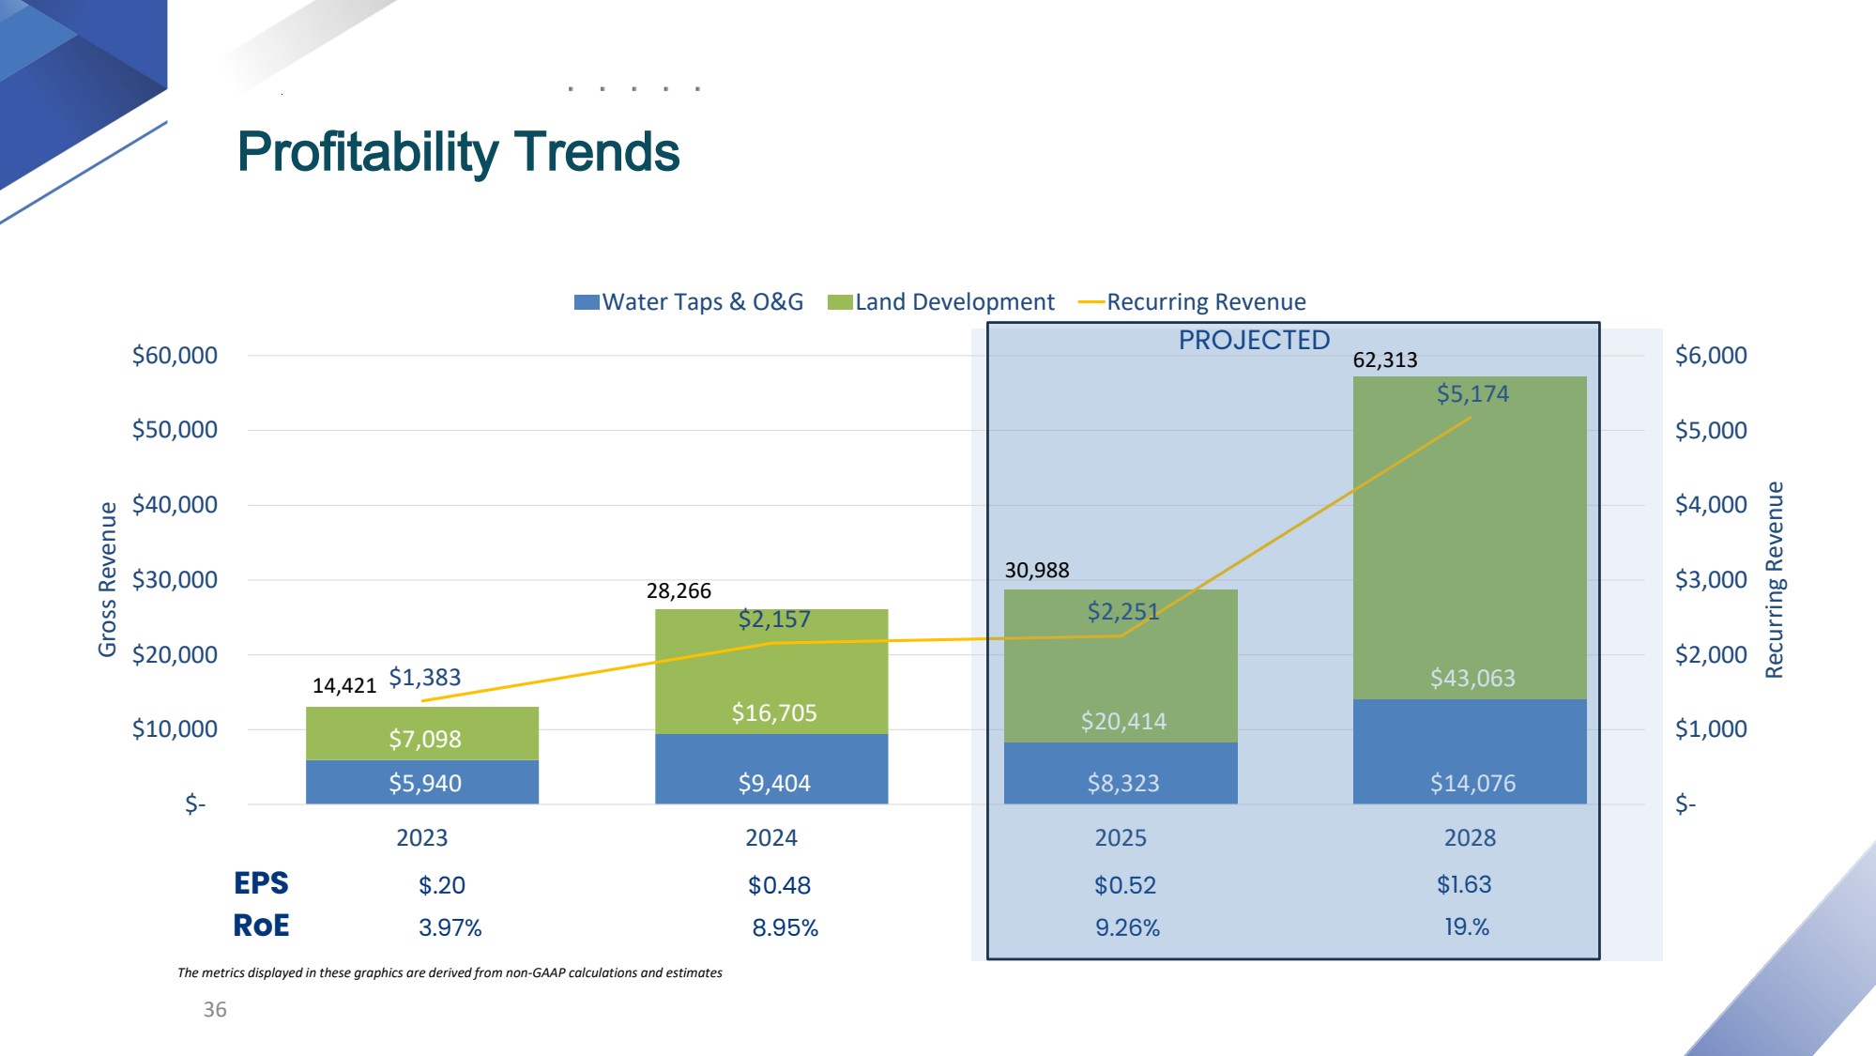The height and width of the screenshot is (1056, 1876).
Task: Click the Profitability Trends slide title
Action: [458, 152]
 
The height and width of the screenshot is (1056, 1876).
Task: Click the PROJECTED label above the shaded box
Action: [1254, 340]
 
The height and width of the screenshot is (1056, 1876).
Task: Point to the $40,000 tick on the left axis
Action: [175, 505]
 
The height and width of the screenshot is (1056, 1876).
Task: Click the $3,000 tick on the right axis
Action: [1710, 580]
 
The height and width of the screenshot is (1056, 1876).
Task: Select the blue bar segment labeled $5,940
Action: [424, 783]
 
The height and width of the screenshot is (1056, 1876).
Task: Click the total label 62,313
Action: [1384, 360]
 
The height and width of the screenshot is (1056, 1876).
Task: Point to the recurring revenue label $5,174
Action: [1472, 394]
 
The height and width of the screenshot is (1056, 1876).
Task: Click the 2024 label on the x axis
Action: [770, 837]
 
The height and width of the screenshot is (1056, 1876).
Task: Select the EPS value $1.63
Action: [1463, 884]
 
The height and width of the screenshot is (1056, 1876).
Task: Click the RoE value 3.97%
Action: [450, 927]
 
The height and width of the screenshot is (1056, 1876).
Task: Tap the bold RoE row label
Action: [261, 926]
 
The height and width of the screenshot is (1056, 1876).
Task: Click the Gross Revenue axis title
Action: [108, 579]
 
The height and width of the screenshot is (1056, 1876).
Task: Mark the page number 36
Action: [215, 1009]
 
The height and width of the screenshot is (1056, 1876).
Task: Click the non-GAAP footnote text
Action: [450, 972]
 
